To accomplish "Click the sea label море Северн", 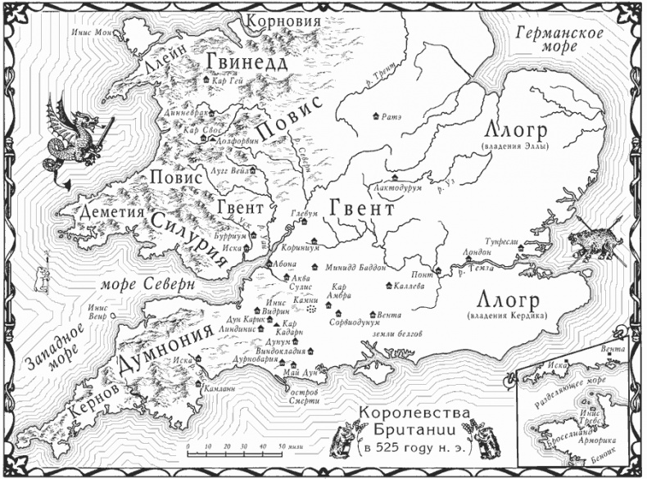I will [x=147, y=283].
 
